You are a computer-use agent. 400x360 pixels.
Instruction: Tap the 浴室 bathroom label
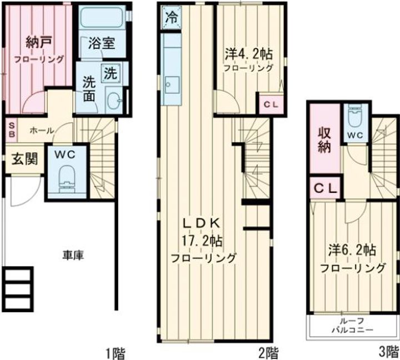click(x=102, y=43)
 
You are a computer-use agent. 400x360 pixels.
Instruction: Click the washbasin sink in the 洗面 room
click(x=113, y=101)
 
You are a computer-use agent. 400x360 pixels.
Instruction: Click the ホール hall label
click(x=41, y=131)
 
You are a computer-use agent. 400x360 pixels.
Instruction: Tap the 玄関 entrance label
click(x=24, y=159)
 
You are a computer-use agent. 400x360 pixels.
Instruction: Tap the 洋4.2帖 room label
click(x=248, y=54)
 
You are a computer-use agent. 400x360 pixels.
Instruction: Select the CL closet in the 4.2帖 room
click(x=271, y=104)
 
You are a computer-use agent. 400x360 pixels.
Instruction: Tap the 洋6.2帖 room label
click(x=352, y=251)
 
